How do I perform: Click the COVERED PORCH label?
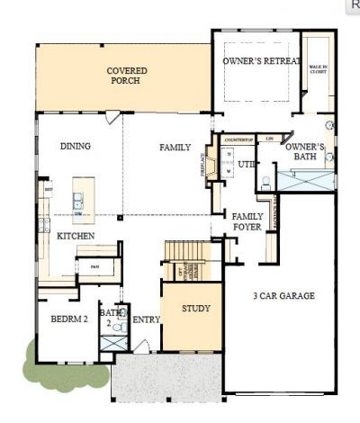(x=127, y=76)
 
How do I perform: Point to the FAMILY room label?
(x=175, y=147)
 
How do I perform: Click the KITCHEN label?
(x=76, y=235)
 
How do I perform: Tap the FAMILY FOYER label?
(x=247, y=221)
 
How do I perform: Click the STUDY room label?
(x=195, y=309)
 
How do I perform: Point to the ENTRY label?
(x=146, y=319)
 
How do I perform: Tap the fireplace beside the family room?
(x=210, y=166)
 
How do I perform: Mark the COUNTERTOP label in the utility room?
(x=237, y=140)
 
